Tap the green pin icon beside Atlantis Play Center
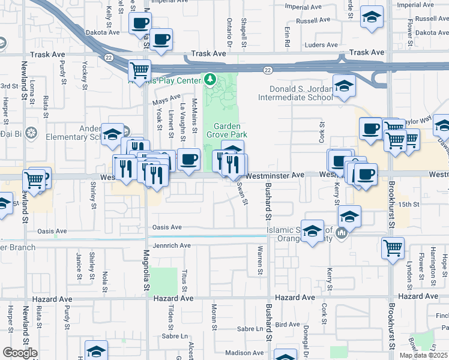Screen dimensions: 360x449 [x=210, y=79]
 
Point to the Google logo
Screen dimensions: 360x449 [x=20, y=353]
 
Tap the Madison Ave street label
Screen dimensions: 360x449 [x=245, y=353]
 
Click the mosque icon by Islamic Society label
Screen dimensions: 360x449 [x=342, y=233]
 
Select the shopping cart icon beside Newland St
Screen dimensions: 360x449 [x=34, y=179]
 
